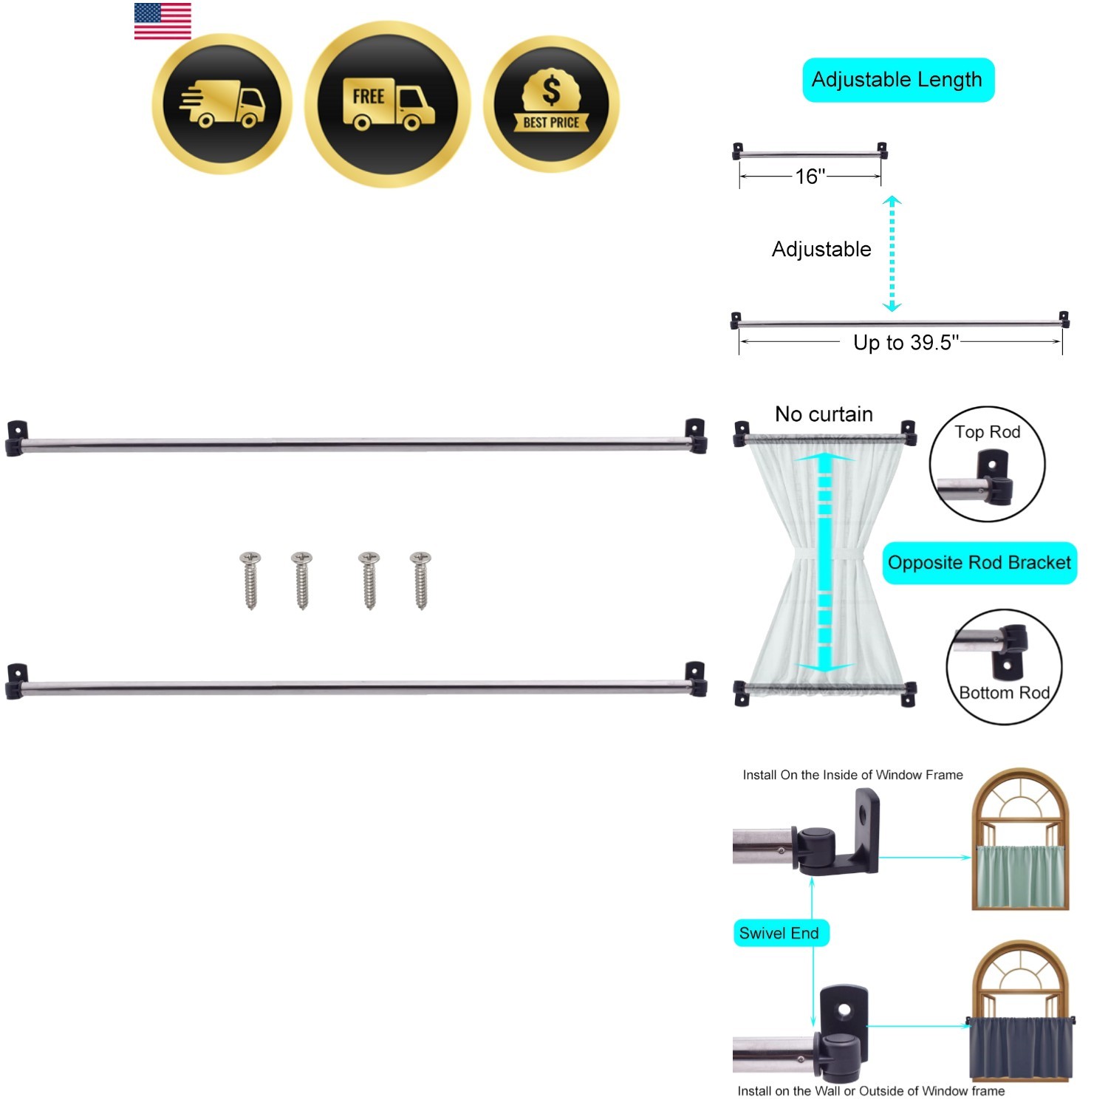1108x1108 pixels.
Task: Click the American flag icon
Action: (163, 21)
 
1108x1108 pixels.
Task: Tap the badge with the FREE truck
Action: (388, 104)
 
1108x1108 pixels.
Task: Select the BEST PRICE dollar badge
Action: (551, 104)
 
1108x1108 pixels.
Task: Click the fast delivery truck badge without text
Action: (222, 104)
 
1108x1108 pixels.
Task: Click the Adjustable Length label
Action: (897, 80)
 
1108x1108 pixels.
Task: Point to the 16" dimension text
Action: (810, 177)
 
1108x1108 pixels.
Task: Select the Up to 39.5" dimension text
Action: (906, 343)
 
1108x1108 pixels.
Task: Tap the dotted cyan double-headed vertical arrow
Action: (892, 253)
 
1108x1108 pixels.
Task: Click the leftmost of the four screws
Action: (251, 581)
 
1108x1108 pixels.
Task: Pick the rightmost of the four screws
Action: (420, 581)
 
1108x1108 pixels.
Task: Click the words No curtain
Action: (824, 414)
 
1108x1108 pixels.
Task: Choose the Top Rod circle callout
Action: (988, 465)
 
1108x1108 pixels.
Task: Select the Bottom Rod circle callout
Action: (1005, 666)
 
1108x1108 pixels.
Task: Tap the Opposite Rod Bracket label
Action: (979, 563)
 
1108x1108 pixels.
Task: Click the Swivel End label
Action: (780, 933)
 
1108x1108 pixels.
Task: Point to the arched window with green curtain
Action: (1020, 840)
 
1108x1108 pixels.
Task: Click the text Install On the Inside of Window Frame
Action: (852, 775)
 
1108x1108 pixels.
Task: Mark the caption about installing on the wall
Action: (871, 1091)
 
